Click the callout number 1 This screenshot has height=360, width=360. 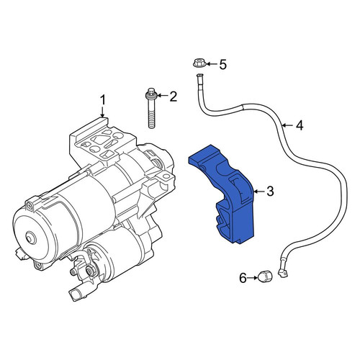click(x=103, y=100)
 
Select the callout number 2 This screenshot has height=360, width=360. click(x=173, y=96)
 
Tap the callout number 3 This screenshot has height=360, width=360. click(x=270, y=192)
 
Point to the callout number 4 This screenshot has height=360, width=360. click(x=300, y=125)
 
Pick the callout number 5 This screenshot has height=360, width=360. click(x=223, y=64)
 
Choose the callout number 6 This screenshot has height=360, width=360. click(x=243, y=278)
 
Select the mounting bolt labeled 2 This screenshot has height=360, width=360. click(x=151, y=108)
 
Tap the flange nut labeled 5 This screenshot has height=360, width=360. click(x=199, y=63)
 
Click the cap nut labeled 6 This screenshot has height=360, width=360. click(x=265, y=276)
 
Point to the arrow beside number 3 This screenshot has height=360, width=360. click(x=259, y=192)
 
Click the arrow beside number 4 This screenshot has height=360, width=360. click(x=287, y=125)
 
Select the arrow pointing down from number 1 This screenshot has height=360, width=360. click(x=103, y=112)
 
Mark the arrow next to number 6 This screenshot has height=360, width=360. click(x=253, y=278)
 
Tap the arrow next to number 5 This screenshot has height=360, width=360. click(x=212, y=64)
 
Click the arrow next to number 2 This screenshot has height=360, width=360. click(x=163, y=96)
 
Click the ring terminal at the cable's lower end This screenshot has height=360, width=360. click(x=282, y=273)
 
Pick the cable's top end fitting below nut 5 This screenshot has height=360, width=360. click(x=199, y=77)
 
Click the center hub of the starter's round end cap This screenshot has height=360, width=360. click(x=30, y=238)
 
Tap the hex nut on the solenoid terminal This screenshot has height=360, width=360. click(x=91, y=271)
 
